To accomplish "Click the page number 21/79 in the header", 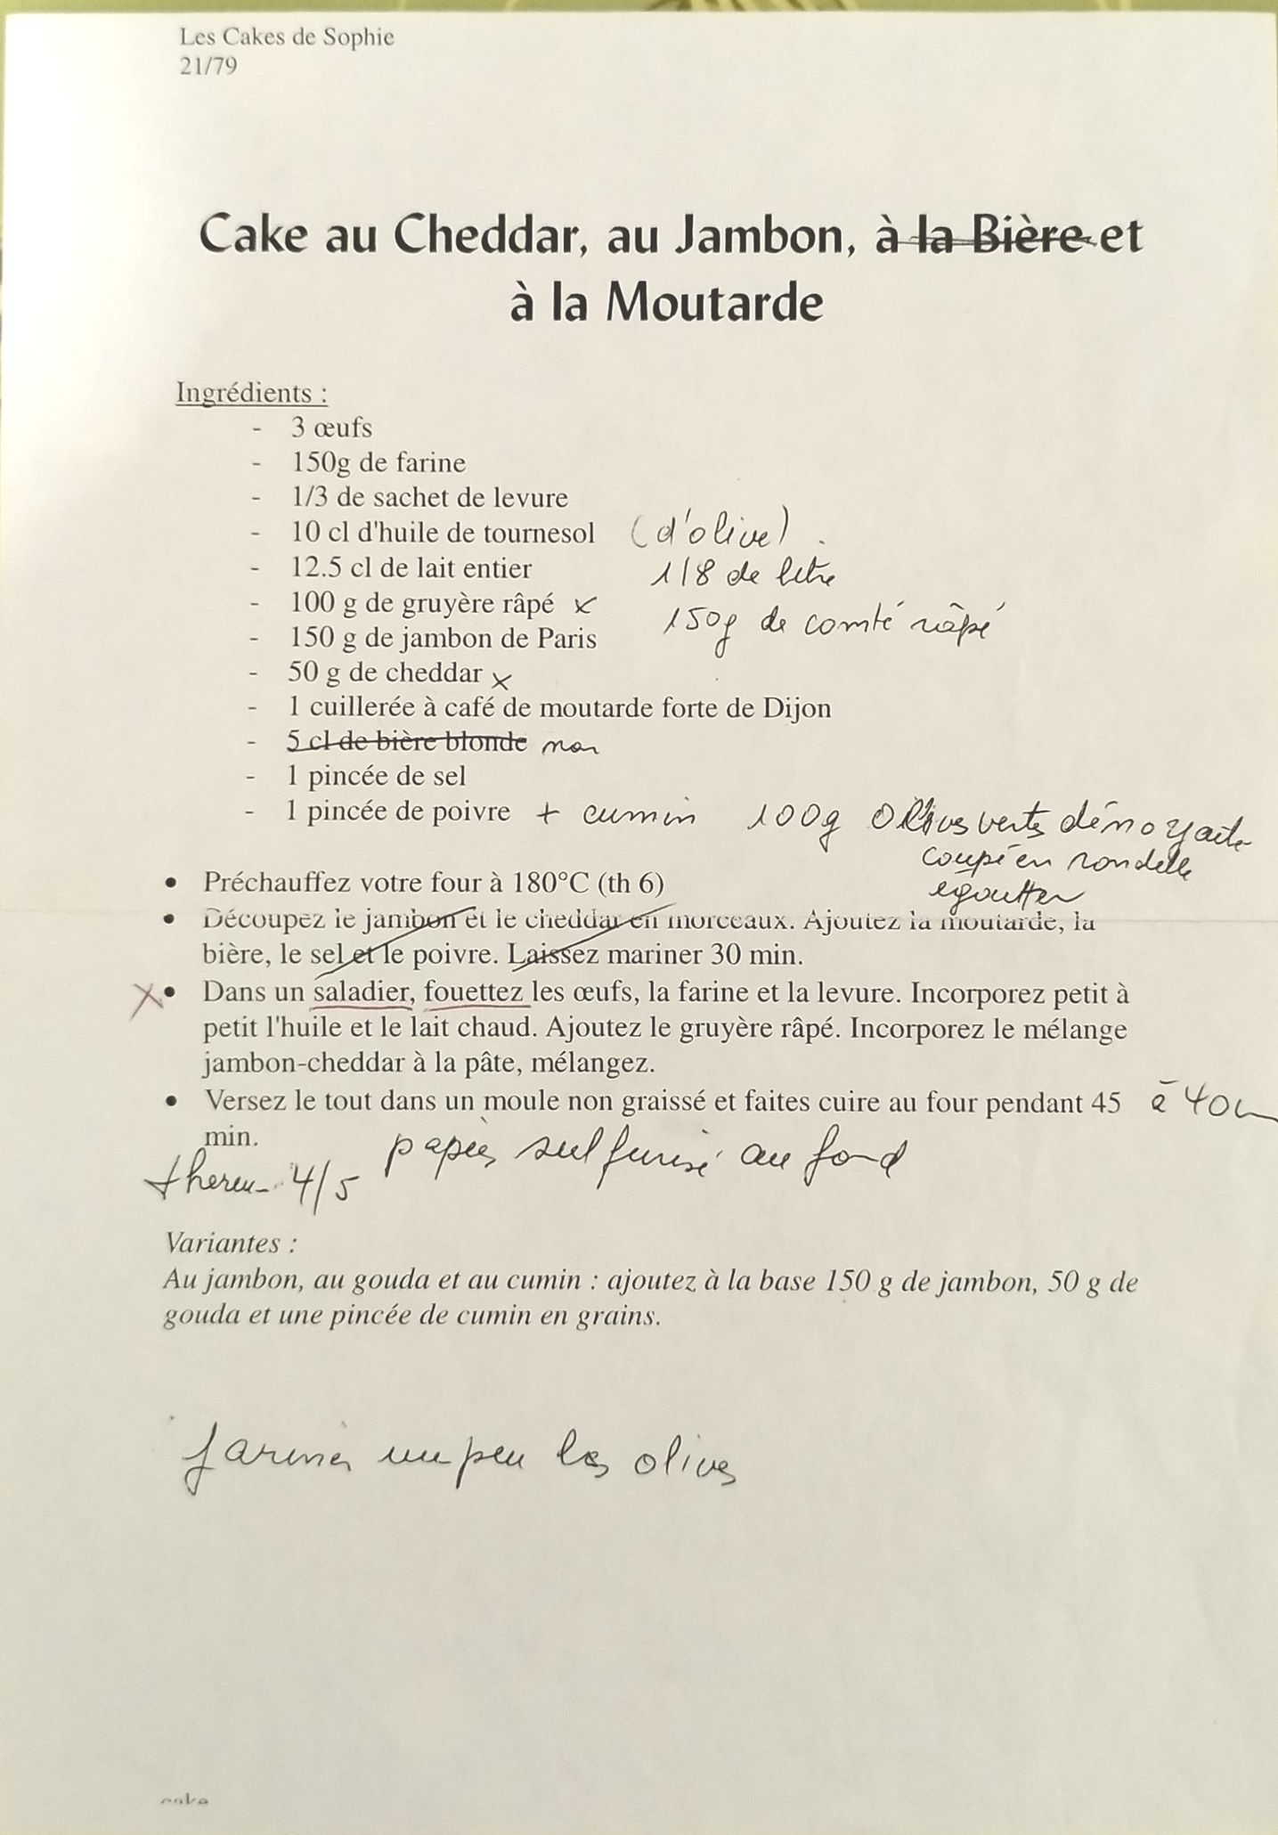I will pyautogui.click(x=208, y=67).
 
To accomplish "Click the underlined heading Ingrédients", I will pyautogui.click(x=251, y=393).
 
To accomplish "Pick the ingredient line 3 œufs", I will pyautogui.click(x=330, y=428).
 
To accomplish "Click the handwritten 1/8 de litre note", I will pyautogui.click(x=743, y=575).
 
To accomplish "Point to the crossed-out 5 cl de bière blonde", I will pyautogui.click(x=407, y=741).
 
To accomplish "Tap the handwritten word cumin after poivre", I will pyautogui.click(x=639, y=815).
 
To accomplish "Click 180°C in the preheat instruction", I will pyautogui.click(x=552, y=883).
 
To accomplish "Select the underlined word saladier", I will pyautogui.click(x=362, y=992).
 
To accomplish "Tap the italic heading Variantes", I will pyautogui.click(x=231, y=1243).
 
